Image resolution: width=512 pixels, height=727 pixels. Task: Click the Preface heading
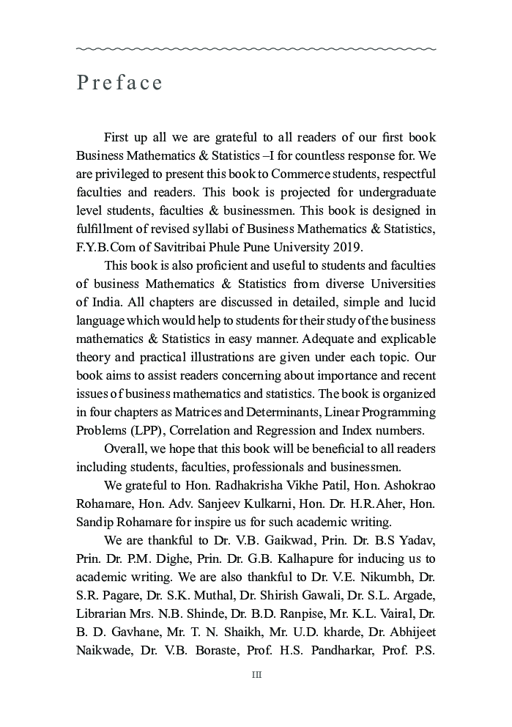pyautogui.click(x=119, y=83)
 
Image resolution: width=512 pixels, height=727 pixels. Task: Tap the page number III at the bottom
pyautogui.click(x=256, y=675)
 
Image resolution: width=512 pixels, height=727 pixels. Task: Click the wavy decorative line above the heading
pyautogui.click(x=256, y=49)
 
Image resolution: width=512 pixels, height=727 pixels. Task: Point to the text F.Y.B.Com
pyautogui.click(x=103, y=247)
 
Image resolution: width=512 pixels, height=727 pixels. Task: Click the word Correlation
pyautogui.click(x=206, y=430)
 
